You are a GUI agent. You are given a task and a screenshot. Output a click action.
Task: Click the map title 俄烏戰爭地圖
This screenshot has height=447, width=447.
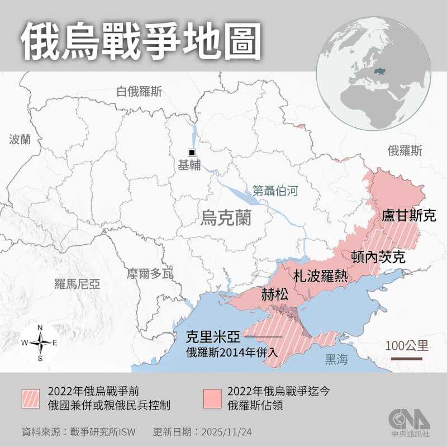click(x=141, y=41)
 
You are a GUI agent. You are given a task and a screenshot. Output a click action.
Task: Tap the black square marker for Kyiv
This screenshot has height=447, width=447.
click(x=192, y=153)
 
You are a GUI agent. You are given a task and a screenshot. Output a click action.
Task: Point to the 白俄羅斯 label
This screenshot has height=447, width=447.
click(x=139, y=92)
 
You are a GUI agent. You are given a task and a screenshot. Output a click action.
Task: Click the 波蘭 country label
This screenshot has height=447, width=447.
click(x=21, y=139)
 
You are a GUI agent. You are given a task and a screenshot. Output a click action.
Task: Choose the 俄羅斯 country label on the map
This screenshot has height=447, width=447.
click(x=405, y=150)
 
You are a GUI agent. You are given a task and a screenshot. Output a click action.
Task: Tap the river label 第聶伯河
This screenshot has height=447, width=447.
click(x=275, y=190)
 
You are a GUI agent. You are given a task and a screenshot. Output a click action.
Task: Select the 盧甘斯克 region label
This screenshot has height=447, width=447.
click(x=408, y=216)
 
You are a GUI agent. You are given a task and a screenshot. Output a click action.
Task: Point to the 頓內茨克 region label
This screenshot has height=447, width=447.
click(x=378, y=256)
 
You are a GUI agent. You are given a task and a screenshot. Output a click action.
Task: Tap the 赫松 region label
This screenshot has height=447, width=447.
click(x=275, y=294)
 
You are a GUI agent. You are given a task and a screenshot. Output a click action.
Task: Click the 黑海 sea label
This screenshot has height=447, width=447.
click(x=336, y=359)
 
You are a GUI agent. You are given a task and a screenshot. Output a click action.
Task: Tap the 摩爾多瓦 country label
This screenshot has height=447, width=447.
click(x=149, y=273)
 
